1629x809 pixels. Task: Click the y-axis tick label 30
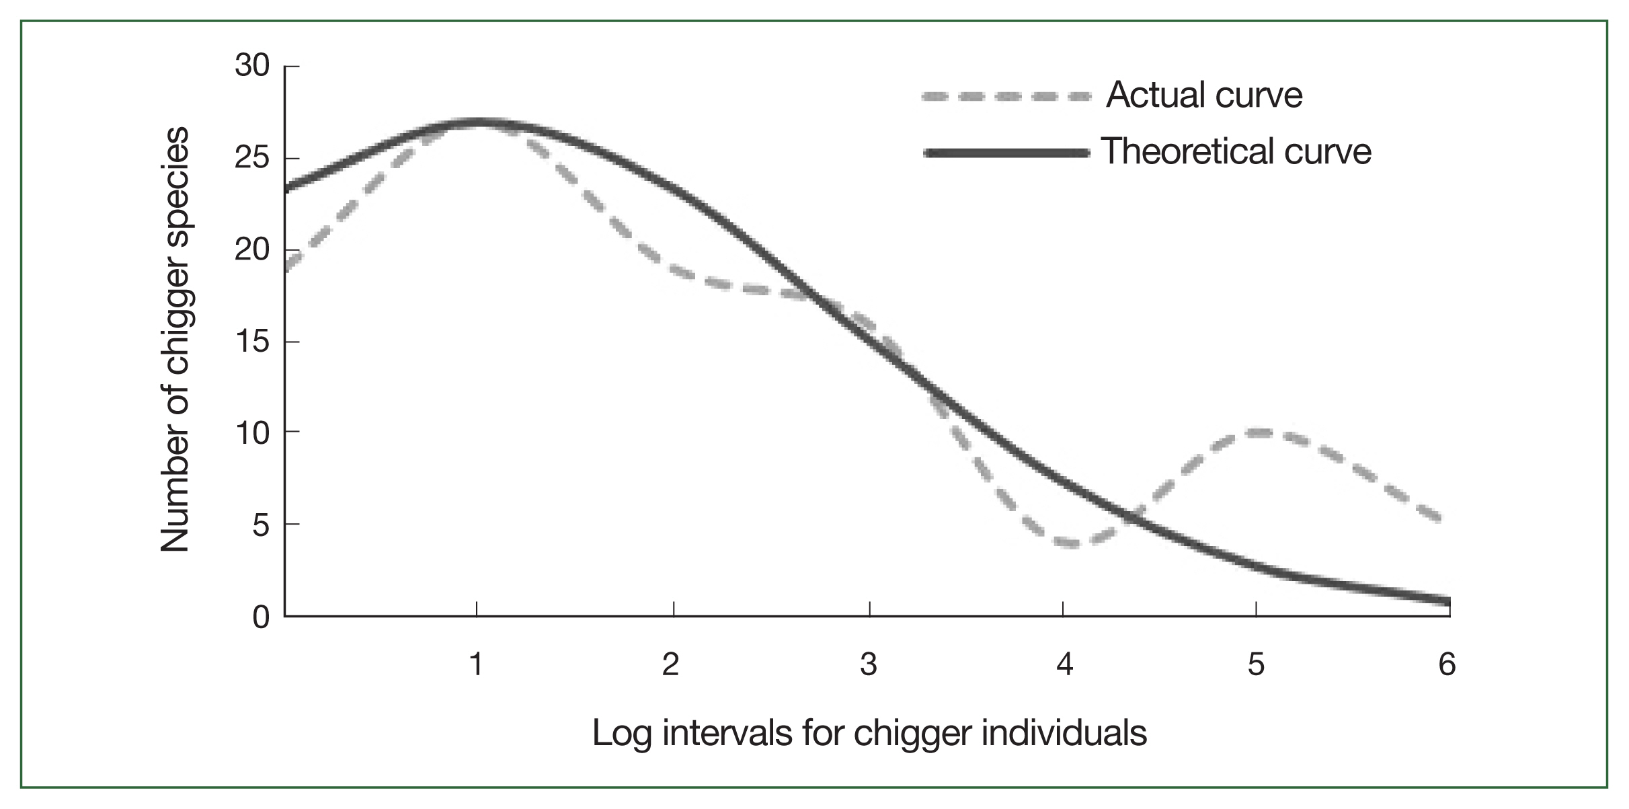click(x=252, y=66)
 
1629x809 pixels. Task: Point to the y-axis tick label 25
click(x=252, y=158)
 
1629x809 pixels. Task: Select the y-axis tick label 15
click(x=252, y=342)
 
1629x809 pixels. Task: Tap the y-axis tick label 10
click(x=252, y=433)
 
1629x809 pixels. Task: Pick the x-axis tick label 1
click(x=477, y=664)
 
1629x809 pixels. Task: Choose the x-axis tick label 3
click(x=869, y=664)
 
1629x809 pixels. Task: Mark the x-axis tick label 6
click(x=1447, y=664)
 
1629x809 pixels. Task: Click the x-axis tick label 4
click(x=1064, y=664)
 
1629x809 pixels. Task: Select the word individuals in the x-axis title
click(x=1064, y=732)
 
